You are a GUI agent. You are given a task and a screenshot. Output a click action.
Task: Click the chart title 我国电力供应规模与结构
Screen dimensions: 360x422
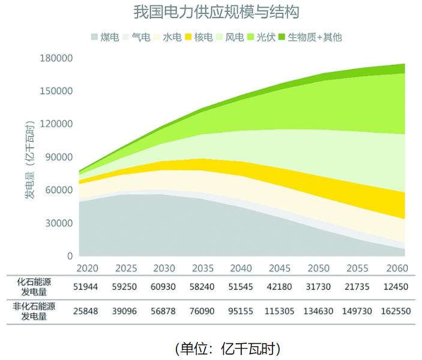[x=216, y=12]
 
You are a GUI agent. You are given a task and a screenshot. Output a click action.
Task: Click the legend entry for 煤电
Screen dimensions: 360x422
[x=106, y=37]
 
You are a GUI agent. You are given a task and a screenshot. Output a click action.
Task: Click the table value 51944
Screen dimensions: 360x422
[x=88, y=287]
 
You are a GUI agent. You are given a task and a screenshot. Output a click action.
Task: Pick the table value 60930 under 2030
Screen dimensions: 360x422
[x=164, y=287]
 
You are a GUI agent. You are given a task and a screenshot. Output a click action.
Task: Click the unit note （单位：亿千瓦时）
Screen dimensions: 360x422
[x=228, y=348]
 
